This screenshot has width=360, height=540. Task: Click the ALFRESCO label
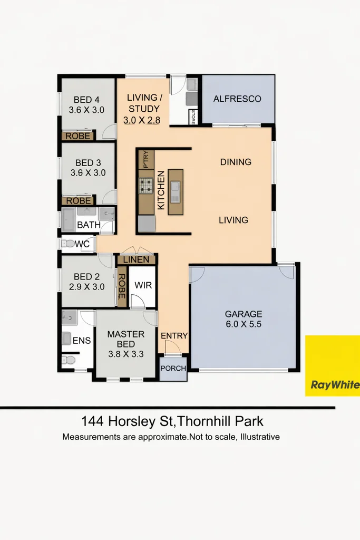[x=237, y=99]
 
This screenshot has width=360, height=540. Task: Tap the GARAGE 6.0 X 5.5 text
[x=243, y=319]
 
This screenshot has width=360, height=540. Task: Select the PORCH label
[x=173, y=368]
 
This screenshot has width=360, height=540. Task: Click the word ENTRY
[x=174, y=336]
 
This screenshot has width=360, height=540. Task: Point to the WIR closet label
[x=143, y=285]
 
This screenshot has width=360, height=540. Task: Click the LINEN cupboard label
[x=137, y=260]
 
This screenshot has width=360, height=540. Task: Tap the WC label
[x=82, y=244]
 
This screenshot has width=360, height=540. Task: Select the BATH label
[x=89, y=225]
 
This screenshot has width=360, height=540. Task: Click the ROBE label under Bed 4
[x=78, y=136]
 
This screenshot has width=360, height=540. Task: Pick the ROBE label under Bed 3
[x=78, y=201]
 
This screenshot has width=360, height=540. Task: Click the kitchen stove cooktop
[x=146, y=185]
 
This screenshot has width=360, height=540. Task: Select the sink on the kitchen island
[x=176, y=187]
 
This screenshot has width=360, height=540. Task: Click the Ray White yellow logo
[x=333, y=365]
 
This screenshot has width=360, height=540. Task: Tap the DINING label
[x=236, y=162]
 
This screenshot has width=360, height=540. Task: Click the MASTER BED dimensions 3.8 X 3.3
[x=125, y=354]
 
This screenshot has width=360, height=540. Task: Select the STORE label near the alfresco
[x=193, y=117]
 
